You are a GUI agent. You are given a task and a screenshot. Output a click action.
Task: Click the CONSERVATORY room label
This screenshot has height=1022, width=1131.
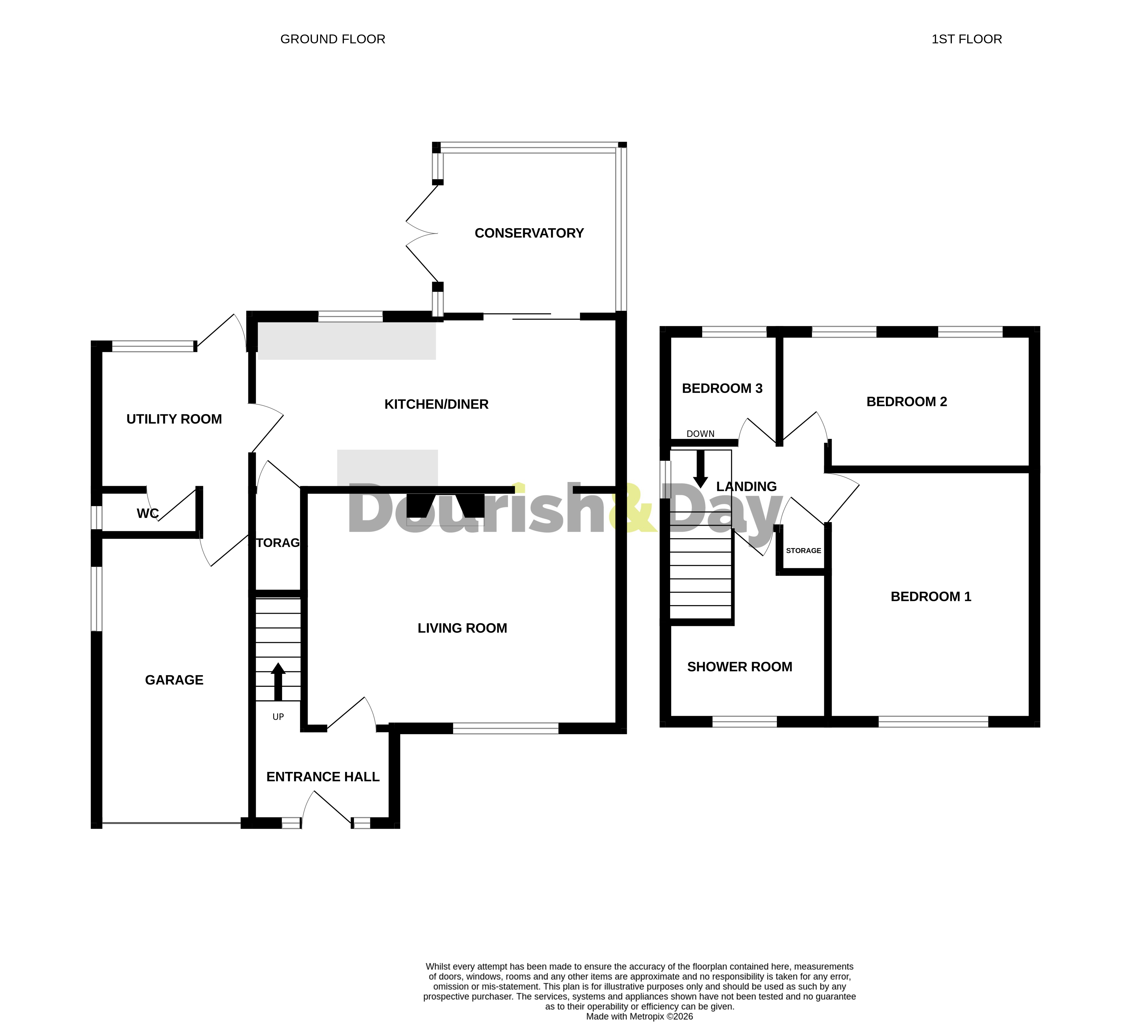point(529,233)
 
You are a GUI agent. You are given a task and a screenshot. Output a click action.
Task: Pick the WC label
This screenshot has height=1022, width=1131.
point(147,513)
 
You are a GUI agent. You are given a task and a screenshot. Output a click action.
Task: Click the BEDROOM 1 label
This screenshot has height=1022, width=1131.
point(931,597)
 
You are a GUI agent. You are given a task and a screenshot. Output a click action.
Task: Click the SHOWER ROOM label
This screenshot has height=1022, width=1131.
point(739,667)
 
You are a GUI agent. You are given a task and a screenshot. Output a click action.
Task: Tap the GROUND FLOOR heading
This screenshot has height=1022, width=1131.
point(333,39)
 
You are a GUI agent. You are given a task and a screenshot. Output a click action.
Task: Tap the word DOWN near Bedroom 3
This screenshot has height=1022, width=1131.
point(700,434)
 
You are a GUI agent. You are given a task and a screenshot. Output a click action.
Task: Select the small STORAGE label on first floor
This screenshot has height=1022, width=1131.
point(803,551)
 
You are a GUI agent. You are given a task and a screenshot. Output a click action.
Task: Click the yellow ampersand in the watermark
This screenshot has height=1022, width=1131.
point(631,508)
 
